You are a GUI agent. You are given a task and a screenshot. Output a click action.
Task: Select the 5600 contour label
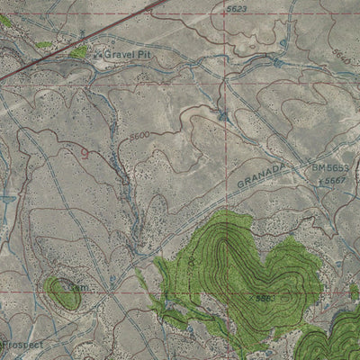coord(139,135)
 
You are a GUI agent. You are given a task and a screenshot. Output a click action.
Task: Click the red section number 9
coord(85,153)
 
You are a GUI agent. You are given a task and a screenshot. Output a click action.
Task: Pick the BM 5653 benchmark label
coord(329,167)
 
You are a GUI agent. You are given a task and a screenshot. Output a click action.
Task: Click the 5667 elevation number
coord(336,180)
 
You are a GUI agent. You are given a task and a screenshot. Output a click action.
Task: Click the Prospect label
coord(20,344)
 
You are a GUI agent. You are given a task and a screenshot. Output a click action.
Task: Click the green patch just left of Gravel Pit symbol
coord(79,53)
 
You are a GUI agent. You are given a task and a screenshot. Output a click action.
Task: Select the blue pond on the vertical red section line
coord(222,114)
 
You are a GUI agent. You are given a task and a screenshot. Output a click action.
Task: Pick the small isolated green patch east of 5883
coord(354,292)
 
